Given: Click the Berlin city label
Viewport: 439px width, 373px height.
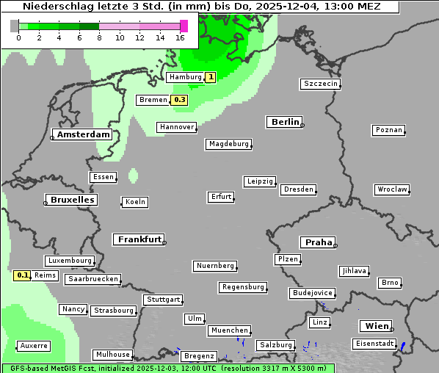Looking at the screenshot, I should click(x=285, y=122).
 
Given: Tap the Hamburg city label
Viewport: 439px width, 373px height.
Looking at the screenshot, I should click(x=184, y=77).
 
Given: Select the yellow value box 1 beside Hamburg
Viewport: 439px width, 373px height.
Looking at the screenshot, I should click(x=210, y=77).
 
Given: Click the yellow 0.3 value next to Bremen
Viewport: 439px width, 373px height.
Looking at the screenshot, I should click(x=179, y=100).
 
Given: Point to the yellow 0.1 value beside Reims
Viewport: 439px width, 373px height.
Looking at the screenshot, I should click(x=23, y=275).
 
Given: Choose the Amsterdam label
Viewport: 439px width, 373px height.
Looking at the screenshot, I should click(x=83, y=134).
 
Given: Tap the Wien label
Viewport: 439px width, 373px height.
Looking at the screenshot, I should click(x=375, y=326).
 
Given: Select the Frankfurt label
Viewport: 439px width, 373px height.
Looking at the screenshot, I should click(x=139, y=239).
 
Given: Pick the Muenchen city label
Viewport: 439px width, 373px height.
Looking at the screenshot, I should click(x=229, y=330).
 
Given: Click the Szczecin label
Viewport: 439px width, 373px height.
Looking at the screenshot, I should click(x=321, y=84).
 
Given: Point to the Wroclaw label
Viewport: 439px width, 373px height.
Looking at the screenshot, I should click(x=391, y=189).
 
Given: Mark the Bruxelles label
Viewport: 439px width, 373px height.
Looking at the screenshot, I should click(x=70, y=200).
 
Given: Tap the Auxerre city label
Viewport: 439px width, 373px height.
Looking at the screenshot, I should click(x=34, y=345).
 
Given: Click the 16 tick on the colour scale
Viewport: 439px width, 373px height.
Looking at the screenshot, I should click(x=180, y=37).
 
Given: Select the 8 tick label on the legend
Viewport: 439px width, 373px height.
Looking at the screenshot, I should click(x=99, y=37).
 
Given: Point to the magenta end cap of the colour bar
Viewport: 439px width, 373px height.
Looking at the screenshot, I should click(x=184, y=26).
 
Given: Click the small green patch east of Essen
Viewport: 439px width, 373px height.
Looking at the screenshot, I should click(x=133, y=175).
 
